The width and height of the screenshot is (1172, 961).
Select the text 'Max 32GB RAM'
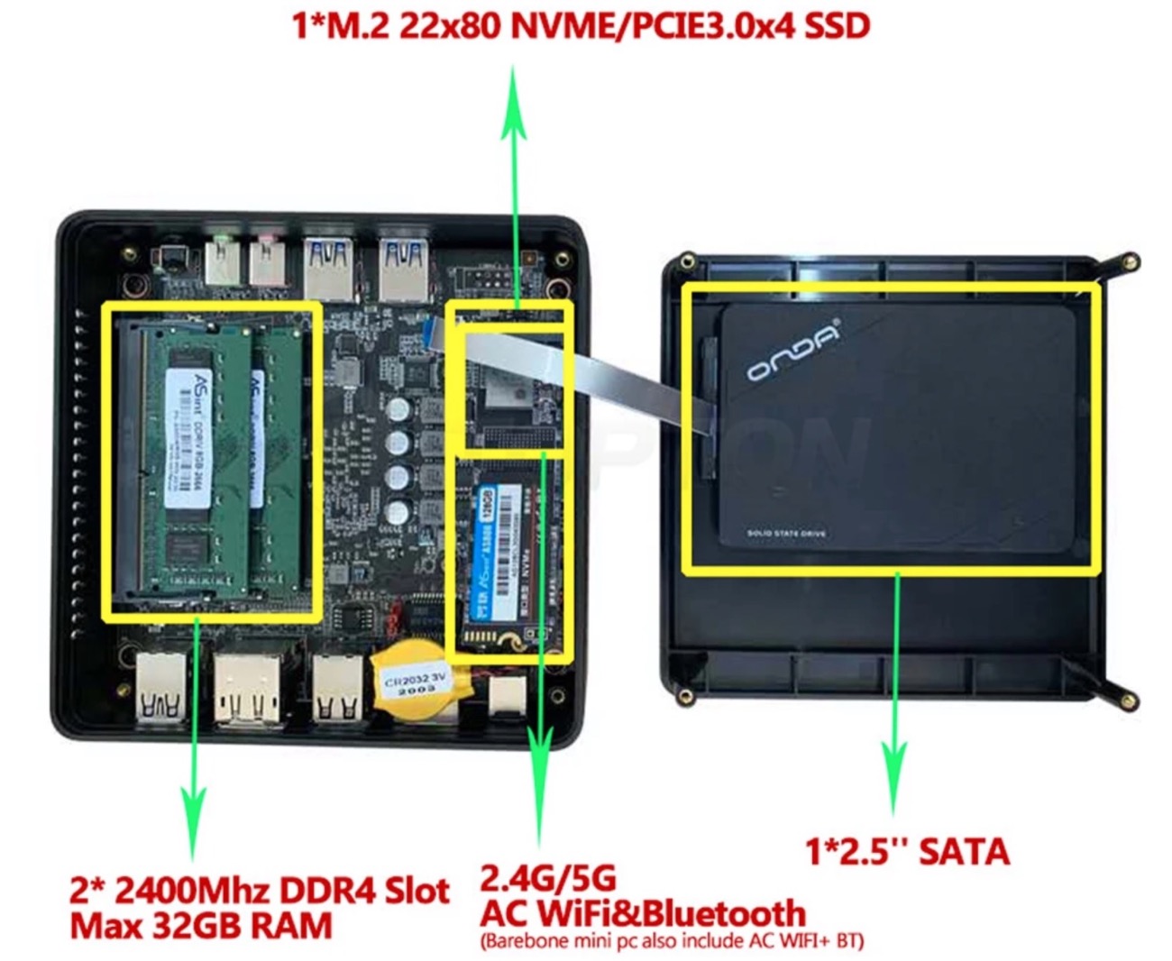(x=201, y=926)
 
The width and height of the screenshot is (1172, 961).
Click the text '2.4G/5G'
(x=548, y=877)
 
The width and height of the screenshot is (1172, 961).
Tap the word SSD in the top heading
(x=837, y=25)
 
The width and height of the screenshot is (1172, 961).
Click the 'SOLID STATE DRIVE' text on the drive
(x=786, y=534)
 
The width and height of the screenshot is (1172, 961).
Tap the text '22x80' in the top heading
(x=449, y=25)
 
